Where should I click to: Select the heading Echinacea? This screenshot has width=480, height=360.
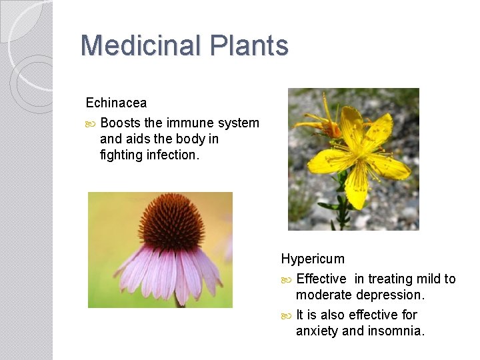(116, 103)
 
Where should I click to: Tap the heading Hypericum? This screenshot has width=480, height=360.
(313, 259)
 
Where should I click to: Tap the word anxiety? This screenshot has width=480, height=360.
(317, 331)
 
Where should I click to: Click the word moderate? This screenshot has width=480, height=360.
(324, 295)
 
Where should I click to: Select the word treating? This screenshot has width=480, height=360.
(391, 279)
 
